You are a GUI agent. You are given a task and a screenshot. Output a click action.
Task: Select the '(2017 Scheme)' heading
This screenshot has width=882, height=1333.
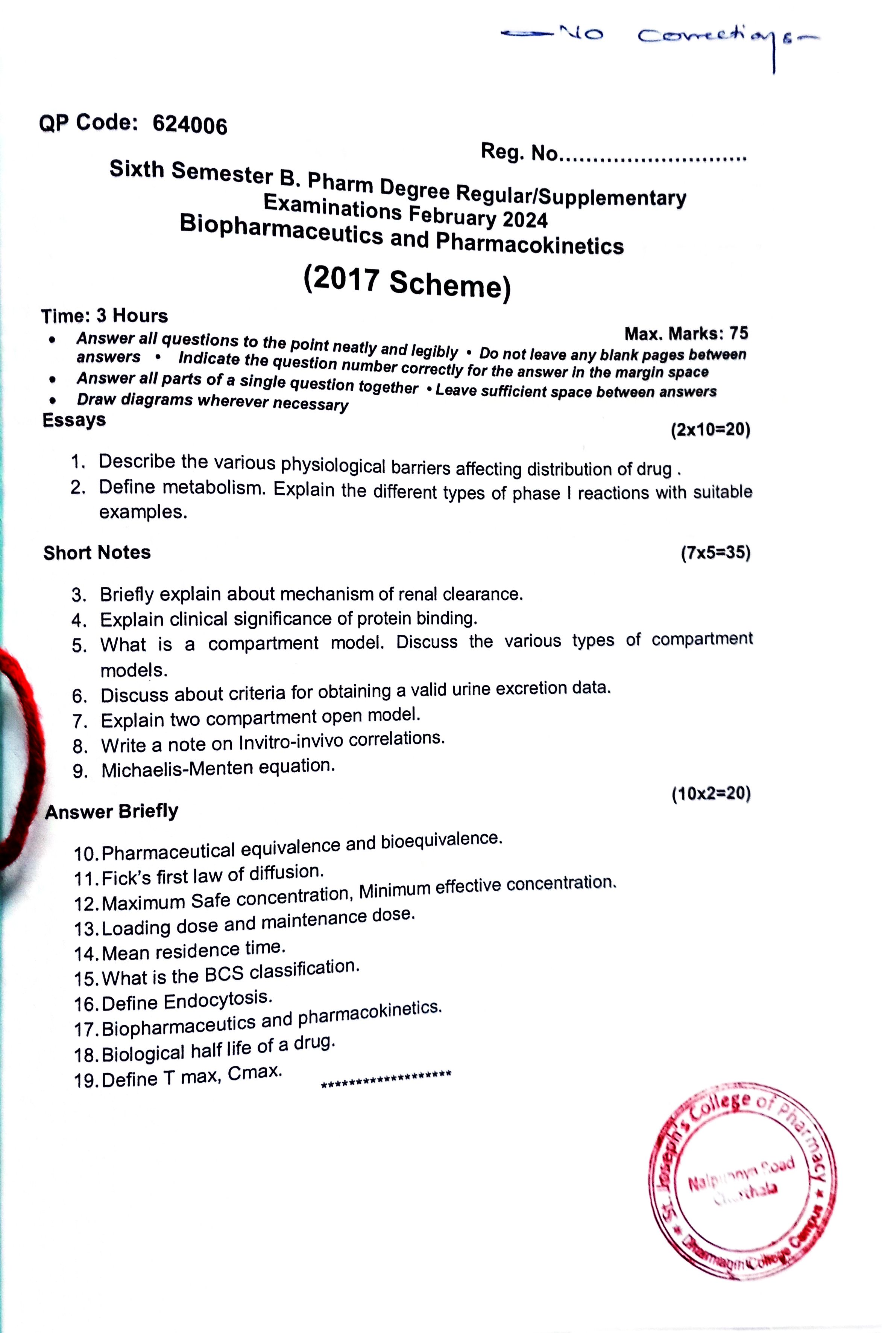407,283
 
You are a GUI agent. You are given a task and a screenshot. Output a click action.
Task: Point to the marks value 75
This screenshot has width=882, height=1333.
739,333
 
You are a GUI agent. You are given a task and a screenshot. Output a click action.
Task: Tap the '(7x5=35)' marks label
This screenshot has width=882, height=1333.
715,553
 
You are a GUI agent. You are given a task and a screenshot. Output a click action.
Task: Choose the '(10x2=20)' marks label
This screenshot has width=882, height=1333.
711,794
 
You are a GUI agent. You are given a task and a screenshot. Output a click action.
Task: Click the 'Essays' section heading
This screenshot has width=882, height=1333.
74,420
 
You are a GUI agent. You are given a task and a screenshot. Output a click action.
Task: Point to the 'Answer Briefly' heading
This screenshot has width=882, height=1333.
112,811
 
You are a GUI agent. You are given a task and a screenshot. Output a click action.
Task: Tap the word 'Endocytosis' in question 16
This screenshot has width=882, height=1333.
217,1000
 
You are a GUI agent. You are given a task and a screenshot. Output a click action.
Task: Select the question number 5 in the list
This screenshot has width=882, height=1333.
79,646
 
